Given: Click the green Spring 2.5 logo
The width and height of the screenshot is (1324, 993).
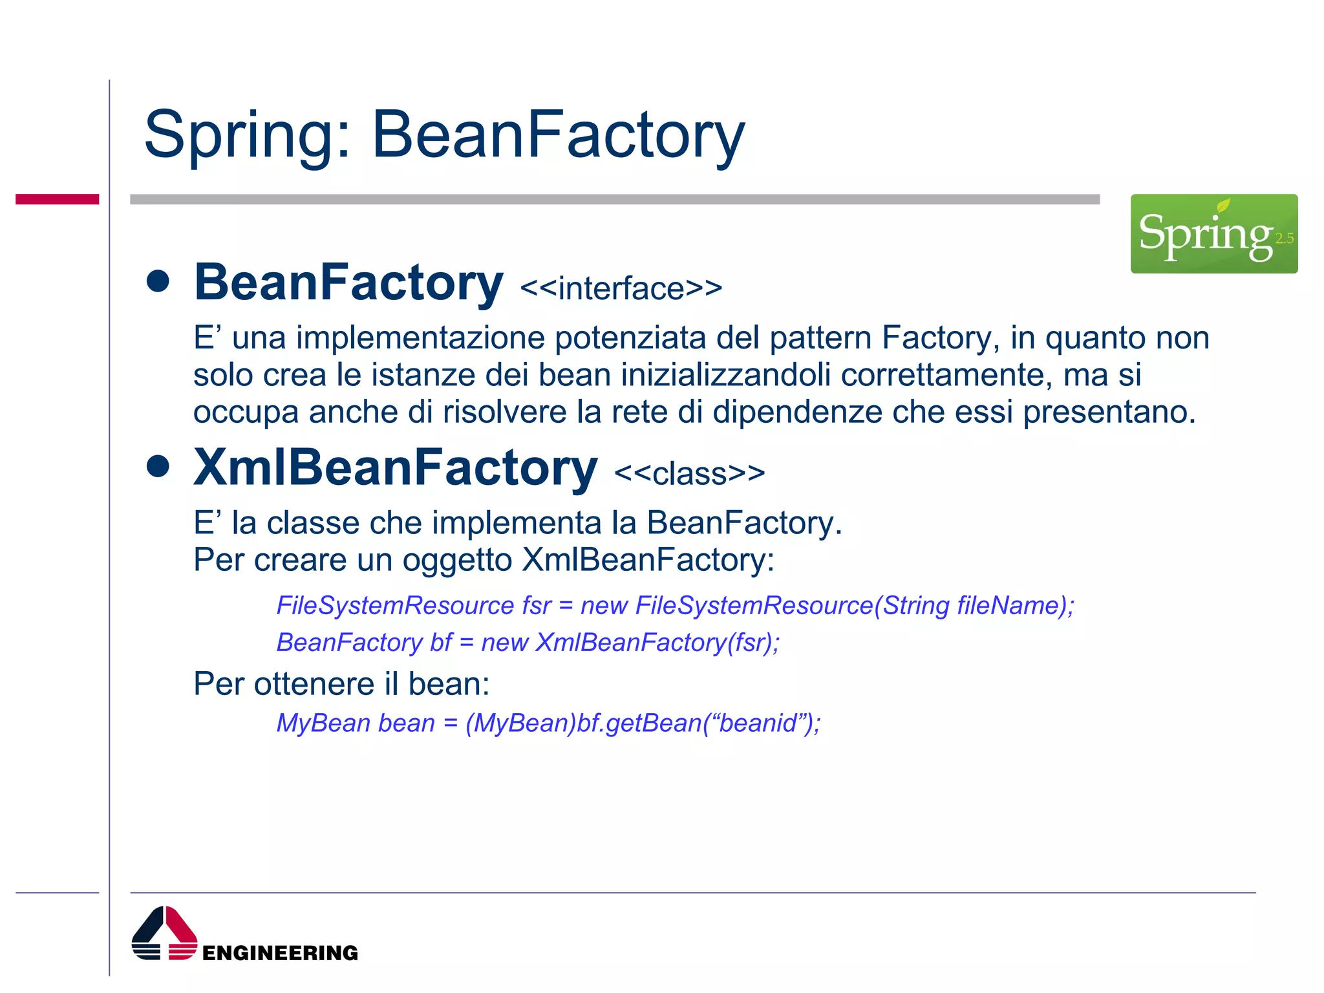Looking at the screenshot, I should point(1213,233).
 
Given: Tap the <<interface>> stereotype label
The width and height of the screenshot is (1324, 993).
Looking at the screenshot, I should point(621,288).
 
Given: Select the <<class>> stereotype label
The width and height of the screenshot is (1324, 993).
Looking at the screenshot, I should point(689,474).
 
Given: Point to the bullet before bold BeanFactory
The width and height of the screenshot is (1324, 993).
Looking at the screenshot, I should point(158,281).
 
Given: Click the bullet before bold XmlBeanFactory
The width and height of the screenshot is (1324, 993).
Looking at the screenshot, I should point(158,466).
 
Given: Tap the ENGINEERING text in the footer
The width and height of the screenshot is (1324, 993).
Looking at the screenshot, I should point(280,953).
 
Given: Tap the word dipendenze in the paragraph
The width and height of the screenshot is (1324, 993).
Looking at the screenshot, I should point(797,412).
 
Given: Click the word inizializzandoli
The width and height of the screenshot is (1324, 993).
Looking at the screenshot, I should point(725,375).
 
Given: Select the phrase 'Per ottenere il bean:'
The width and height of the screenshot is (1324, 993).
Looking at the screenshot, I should point(341,684).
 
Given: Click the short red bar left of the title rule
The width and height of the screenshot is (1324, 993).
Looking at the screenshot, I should point(57,199).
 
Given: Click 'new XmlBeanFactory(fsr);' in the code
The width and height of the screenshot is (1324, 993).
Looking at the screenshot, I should point(630,643).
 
